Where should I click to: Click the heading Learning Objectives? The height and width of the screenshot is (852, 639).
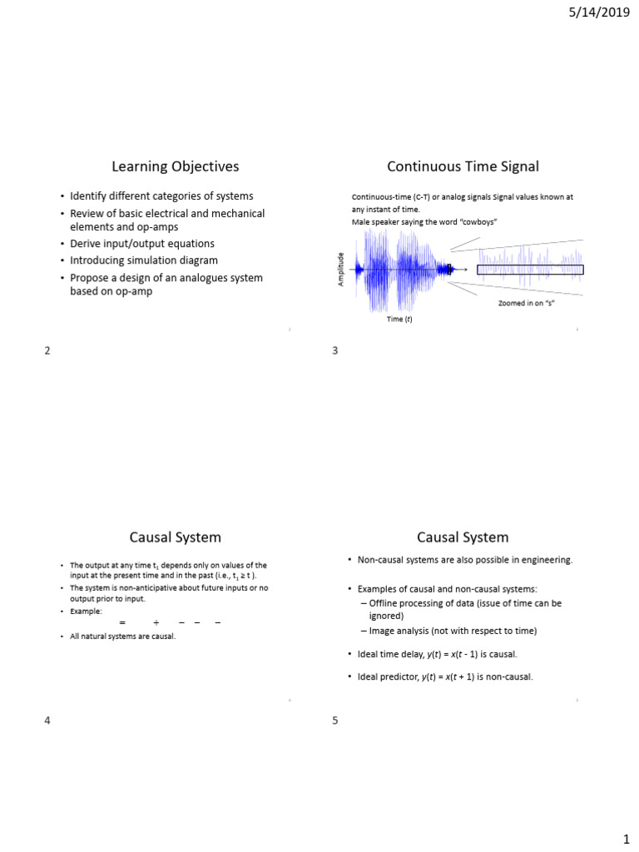(176, 166)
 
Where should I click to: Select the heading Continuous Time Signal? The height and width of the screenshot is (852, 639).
(463, 166)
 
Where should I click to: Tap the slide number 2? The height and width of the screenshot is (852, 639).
(47, 350)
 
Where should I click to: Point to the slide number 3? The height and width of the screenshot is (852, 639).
(334, 350)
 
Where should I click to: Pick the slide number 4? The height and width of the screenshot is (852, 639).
(47, 721)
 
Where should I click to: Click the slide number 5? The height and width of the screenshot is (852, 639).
(334, 721)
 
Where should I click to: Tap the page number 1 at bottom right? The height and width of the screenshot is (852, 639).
(626, 833)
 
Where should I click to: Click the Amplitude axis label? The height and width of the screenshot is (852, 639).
(340, 270)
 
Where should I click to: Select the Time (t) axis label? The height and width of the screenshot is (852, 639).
(399, 319)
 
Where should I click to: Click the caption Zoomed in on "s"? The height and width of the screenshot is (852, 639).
(526, 303)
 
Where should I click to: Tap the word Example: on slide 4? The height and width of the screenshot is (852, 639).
(86, 611)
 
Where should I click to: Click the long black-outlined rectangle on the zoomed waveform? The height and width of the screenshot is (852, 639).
(530, 270)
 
